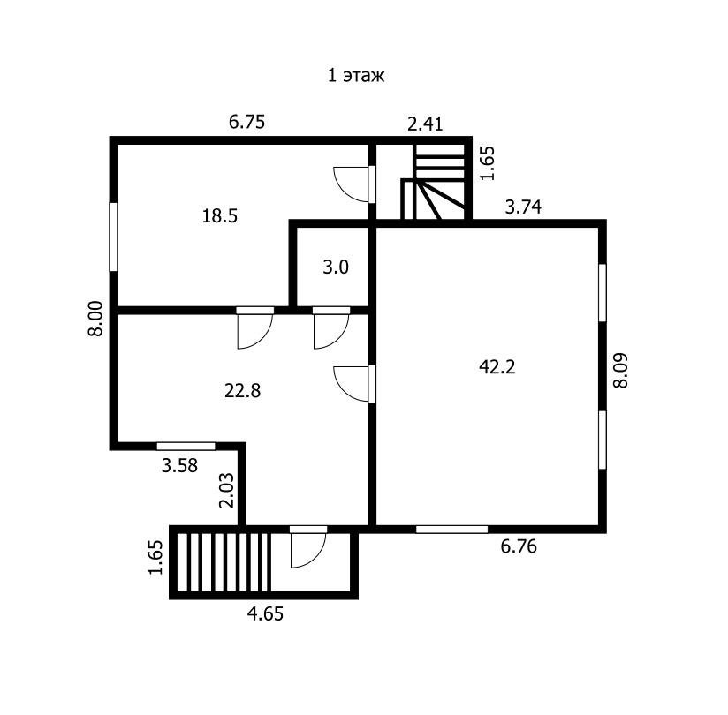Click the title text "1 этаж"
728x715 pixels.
(356, 75)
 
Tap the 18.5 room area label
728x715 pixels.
(220, 215)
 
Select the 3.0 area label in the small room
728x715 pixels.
(336, 267)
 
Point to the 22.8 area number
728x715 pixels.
(242, 391)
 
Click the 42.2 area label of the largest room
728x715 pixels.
(497, 367)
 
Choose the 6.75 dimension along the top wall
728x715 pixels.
(247, 122)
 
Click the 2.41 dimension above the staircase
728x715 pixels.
(425, 124)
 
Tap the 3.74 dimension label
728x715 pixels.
(523, 207)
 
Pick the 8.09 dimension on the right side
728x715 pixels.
(620, 371)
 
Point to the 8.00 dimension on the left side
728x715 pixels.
(95, 319)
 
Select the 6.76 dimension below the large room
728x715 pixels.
(519, 546)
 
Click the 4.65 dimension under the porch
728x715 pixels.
(265, 613)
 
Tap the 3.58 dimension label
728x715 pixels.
(179, 465)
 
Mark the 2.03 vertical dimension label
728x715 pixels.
(226, 491)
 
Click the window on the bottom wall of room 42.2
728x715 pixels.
(451, 530)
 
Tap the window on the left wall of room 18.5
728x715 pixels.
(113, 237)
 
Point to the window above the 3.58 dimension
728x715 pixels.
(186, 447)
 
